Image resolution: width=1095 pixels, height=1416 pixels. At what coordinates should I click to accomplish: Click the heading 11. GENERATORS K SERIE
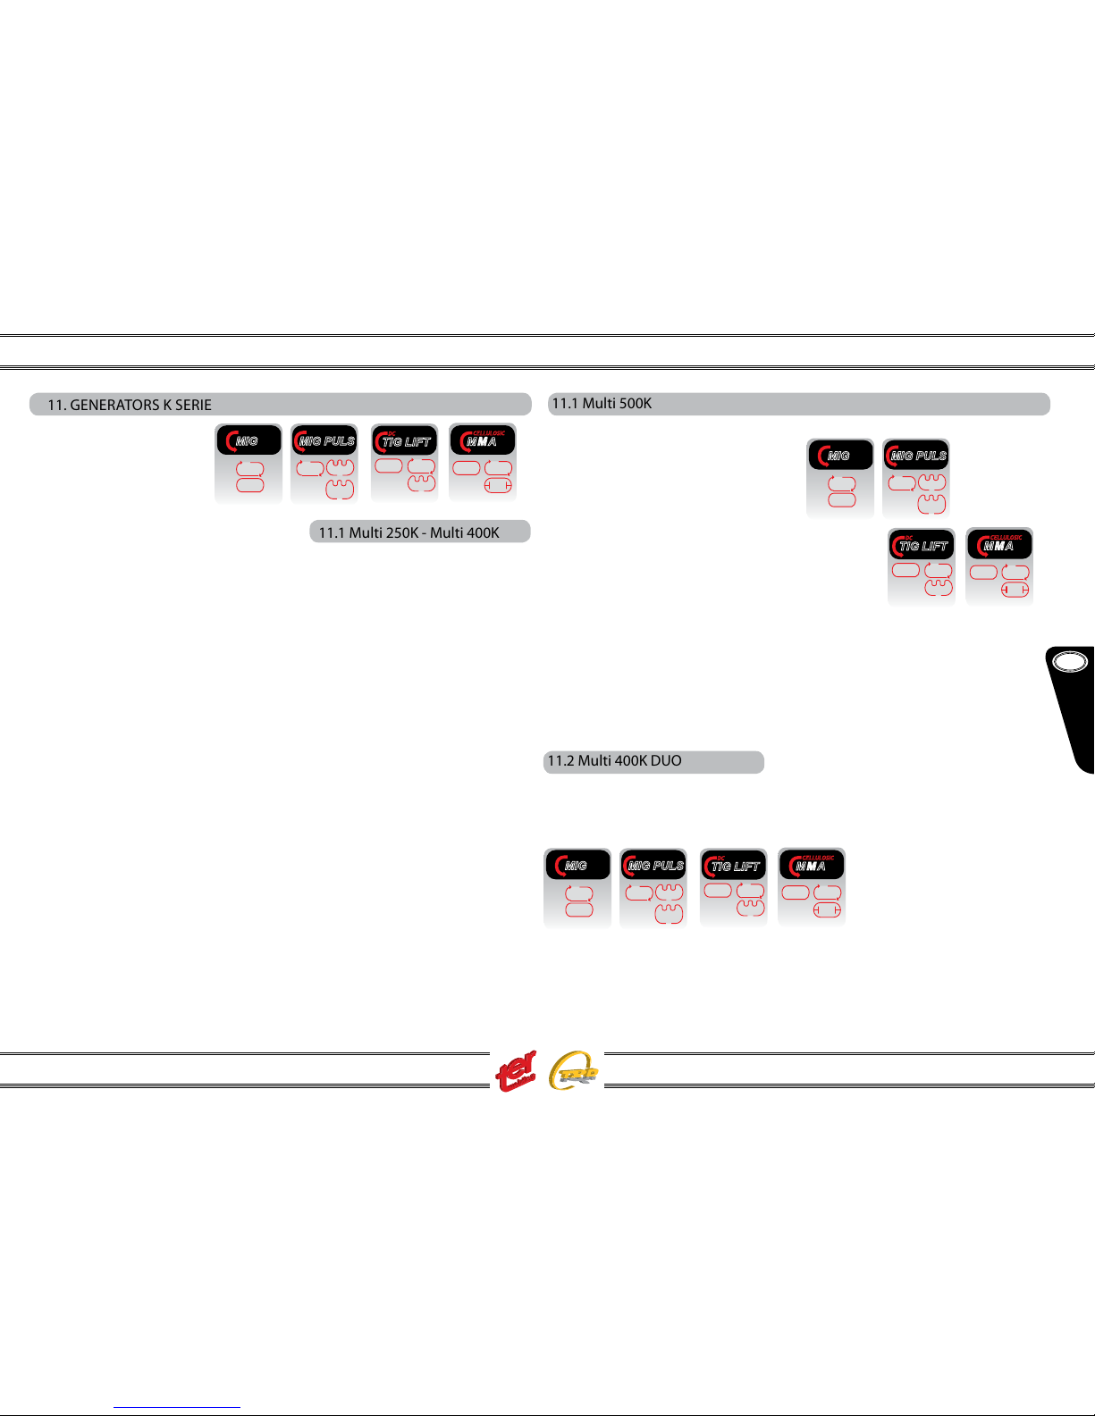click(x=130, y=405)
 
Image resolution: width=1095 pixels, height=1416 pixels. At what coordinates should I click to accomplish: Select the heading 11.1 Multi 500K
click(x=602, y=404)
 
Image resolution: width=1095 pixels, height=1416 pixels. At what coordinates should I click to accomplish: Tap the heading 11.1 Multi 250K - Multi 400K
click(x=409, y=532)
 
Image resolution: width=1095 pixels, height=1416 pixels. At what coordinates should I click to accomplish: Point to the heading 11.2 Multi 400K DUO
click(x=614, y=761)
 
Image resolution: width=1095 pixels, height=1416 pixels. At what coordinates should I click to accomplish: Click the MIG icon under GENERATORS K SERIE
click(x=248, y=463)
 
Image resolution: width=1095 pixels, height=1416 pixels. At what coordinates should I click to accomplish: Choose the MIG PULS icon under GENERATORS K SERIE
click(x=325, y=463)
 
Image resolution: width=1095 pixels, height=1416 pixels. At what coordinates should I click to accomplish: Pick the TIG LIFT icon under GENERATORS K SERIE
click(x=405, y=463)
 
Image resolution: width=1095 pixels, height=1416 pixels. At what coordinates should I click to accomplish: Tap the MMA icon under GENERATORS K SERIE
click(x=483, y=463)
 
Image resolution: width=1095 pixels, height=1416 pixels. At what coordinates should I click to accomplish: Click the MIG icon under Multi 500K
click(x=840, y=478)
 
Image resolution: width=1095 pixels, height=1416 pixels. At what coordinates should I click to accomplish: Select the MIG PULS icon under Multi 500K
click(x=916, y=478)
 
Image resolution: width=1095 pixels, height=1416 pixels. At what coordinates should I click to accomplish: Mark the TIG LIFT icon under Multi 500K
click(x=922, y=567)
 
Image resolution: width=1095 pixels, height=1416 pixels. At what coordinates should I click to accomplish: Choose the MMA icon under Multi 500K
click(x=1000, y=567)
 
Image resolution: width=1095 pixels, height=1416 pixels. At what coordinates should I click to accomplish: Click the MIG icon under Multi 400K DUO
click(x=577, y=888)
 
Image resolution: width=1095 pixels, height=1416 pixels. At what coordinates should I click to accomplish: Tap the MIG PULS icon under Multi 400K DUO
click(x=653, y=888)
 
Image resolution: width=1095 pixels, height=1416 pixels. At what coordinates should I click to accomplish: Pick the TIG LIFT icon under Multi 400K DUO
click(x=734, y=888)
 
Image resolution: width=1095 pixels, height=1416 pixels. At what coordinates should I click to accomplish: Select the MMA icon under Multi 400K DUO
click(x=812, y=888)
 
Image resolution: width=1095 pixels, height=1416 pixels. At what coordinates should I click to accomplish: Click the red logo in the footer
click(x=517, y=1071)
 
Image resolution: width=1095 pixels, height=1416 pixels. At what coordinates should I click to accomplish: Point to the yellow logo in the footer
click(x=574, y=1070)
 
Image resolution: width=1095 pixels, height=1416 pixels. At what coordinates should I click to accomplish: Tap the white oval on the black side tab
click(x=1070, y=662)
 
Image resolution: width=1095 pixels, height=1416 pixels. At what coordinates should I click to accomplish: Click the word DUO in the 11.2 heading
click(x=665, y=761)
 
